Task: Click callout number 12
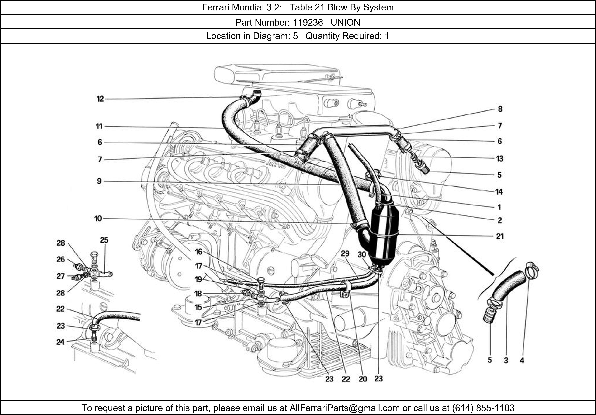(100, 99)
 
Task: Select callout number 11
(99, 126)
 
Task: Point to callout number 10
(98, 219)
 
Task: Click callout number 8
(500, 109)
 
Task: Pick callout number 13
(499, 158)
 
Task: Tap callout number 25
(104, 240)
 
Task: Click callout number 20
(363, 379)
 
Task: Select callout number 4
(522, 360)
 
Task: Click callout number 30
(362, 254)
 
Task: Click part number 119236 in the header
(308, 23)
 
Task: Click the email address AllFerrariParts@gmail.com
(344, 408)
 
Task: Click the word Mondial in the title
(248, 7)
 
